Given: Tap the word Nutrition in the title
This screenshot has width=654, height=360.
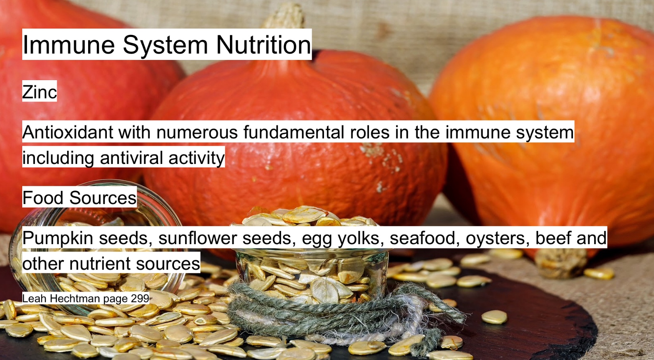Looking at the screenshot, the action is [263, 44].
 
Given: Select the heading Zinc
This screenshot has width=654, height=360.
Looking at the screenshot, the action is [39, 92].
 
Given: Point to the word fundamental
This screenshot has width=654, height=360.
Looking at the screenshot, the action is [294, 132].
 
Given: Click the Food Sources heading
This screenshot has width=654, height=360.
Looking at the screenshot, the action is [79, 198].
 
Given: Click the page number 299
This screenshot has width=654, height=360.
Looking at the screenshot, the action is [140, 298].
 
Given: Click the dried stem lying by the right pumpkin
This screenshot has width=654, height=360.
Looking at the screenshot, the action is [561, 263].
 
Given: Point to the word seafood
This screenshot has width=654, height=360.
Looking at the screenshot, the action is [425, 238].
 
